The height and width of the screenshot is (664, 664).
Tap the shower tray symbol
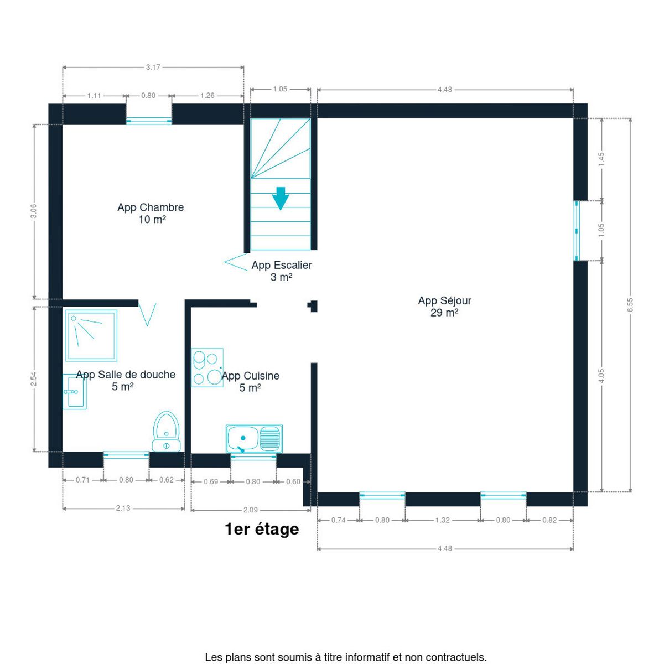tap(91, 336)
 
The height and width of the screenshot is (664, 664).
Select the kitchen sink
tap(254, 438)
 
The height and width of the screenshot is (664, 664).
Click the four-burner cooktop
tap(207, 367)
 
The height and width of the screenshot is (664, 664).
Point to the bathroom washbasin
tap(75, 392)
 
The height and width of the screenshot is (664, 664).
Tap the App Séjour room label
tap(444, 307)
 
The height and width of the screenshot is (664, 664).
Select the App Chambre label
tap(151, 213)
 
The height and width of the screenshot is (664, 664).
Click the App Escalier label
tap(282, 271)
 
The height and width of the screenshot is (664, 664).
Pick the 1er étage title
tap(262, 530)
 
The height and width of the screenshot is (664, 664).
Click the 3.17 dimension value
tap(153, 67)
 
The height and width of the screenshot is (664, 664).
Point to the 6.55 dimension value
tap(630, 305)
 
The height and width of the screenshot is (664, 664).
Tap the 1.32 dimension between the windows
tap(443, 520)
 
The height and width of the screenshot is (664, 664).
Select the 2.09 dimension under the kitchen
tap(251, 510)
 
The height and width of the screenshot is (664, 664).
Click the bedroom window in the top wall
tap(148, 121)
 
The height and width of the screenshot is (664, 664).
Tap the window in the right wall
tap(577, 231)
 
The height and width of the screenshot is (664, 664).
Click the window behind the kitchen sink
tap(253, 457)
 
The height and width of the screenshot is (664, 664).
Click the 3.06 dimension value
tap(33, 211)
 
